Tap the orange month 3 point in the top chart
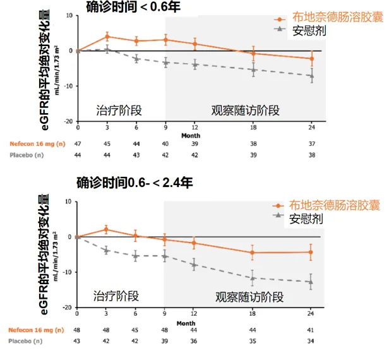107,37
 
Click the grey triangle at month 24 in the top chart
311,76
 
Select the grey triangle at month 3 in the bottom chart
107,251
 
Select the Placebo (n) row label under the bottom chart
26,341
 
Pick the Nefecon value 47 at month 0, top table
78,143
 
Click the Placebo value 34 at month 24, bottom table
311,341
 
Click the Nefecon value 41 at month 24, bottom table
311,330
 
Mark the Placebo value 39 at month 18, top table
253,155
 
